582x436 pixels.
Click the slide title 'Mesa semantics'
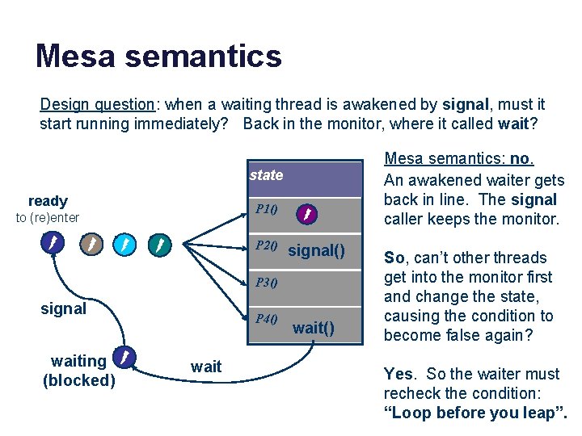[158, 57]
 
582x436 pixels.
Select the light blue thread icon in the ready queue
[125, 243]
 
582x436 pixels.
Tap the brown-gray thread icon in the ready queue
[90, 243]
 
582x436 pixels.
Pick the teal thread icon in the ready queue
[161, 243]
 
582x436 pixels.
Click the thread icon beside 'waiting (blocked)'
[124, 356]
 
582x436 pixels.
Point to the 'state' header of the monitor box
[266, 175]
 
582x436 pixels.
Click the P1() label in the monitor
[267, 210]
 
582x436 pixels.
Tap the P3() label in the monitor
[267, 283]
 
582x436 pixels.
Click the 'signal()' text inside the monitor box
[323, 251]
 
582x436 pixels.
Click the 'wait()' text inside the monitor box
[313, 328]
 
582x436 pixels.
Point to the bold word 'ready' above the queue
[48, 201]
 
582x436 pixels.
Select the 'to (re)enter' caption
[48, 217]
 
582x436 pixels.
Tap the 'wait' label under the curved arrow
[206, 367]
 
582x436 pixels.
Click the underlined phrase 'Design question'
[97, 105]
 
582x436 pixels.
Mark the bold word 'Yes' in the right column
[398, 374]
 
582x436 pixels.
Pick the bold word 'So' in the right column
[394, 258]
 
